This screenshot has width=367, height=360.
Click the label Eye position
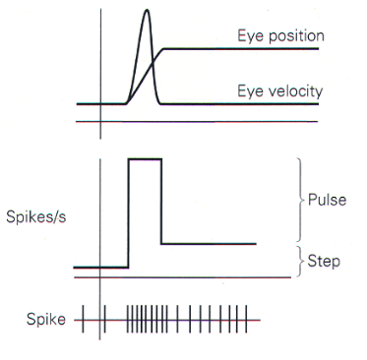tap(280, 36)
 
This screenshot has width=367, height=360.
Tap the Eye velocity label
tap(280, 91)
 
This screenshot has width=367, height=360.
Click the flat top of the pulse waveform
tap(145, 158)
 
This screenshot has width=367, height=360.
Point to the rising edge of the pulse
tap(129, 211)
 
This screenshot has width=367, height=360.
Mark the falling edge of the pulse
tap(161, 202)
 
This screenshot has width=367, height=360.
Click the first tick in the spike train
tap(83, 320)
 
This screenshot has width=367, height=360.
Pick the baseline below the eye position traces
tap(197, 122)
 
